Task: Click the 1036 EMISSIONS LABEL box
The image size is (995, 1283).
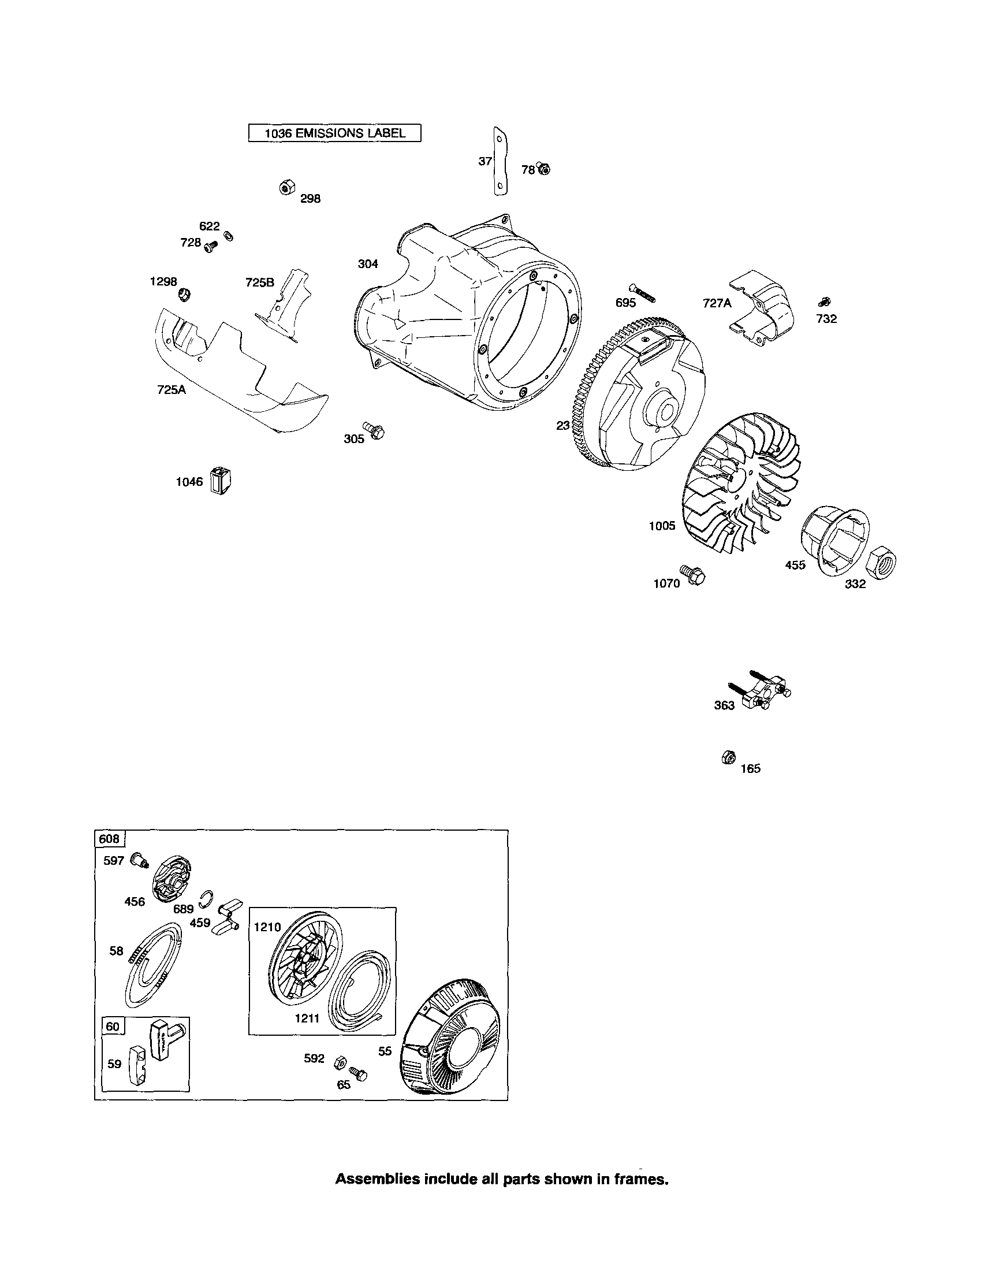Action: [334, 133]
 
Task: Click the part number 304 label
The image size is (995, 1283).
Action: [368, 264]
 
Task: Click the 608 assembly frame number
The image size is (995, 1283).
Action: [109, 838]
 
